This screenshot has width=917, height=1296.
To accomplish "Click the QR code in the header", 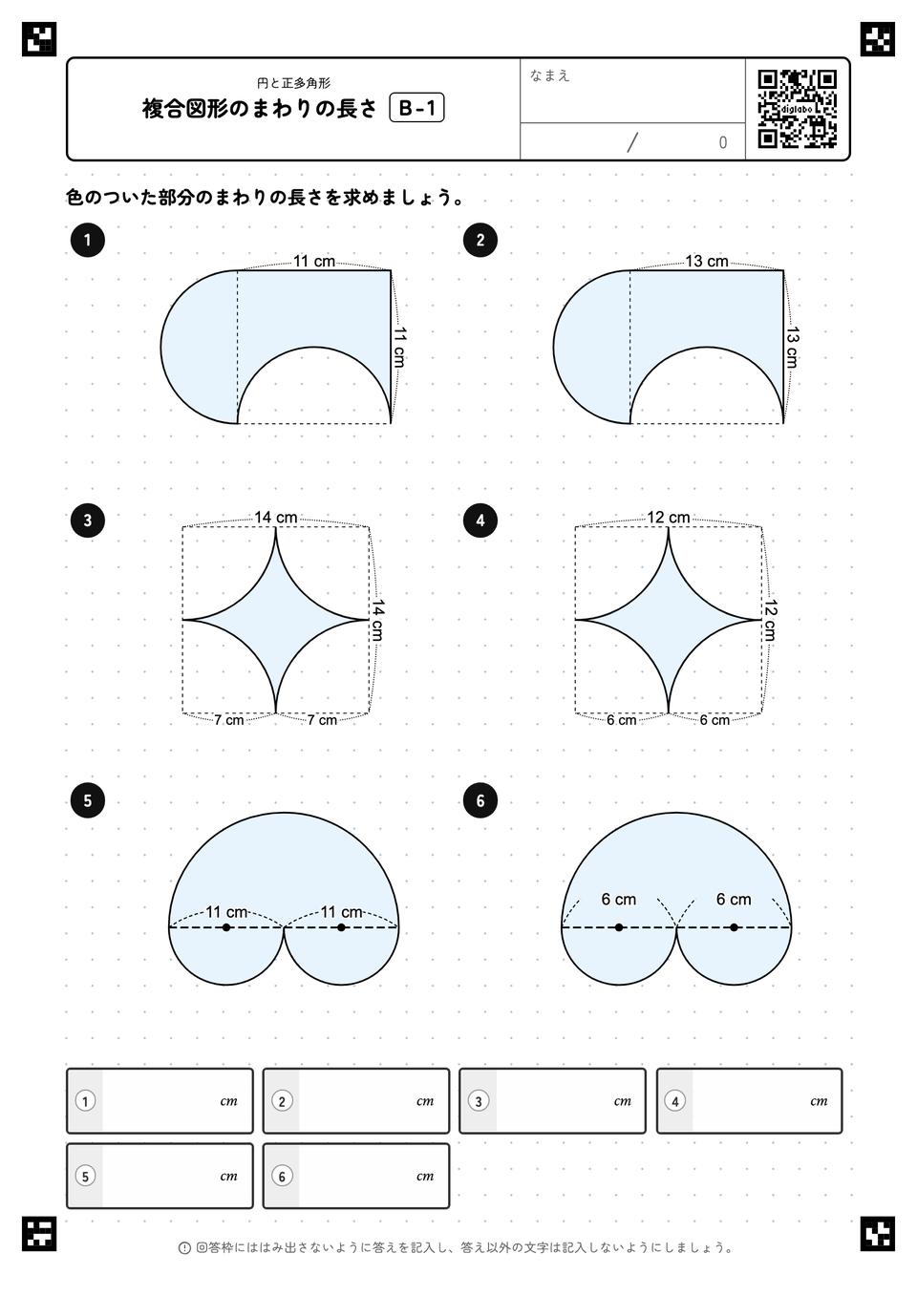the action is (798, 109).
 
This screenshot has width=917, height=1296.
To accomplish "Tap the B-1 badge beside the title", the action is (416, 108).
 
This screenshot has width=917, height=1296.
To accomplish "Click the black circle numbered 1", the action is (87, 240).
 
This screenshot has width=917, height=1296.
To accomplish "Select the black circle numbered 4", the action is (480, 521).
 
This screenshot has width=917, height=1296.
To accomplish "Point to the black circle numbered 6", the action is (480, 800).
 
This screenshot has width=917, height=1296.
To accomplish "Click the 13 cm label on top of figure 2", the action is (707, 262).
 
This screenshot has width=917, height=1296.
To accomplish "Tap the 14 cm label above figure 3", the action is (275, 518).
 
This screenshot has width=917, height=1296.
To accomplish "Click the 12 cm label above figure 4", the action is (669, 518).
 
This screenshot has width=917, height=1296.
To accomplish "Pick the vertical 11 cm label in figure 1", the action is (399, 347).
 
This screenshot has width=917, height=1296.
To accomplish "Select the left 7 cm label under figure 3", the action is (228, 720).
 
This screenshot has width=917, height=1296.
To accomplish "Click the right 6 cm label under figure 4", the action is (714, 720).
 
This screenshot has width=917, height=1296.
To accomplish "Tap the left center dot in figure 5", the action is (226, 927).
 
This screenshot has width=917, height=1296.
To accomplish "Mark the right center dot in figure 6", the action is (734, 927).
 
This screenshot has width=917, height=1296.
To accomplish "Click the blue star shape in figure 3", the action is (275, 620).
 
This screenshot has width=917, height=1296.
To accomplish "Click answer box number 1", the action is (160, 1101).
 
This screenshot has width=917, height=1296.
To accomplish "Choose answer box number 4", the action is (749, 1101).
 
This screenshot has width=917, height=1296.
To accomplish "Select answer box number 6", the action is (355, 1177).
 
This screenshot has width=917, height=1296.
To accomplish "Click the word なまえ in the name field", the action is (549, 75).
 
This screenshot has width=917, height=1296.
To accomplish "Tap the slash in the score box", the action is (632, 142).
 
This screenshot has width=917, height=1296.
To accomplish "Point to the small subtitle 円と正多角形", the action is (293, 83).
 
